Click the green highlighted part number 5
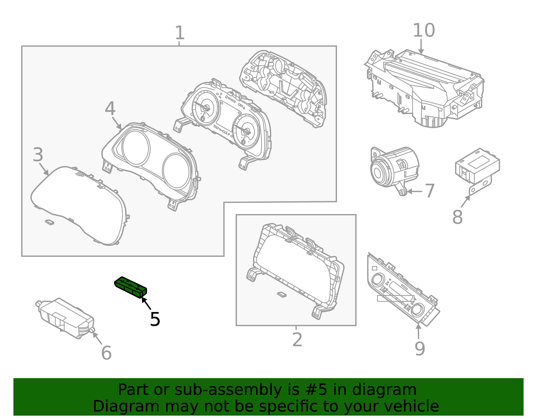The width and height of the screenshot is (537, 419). [131, 287]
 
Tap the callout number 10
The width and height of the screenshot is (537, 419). [424, 31]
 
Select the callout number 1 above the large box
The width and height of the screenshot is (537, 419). [180, 33]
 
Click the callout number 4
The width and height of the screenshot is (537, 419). [110, 109]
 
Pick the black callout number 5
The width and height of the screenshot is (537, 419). [155, 319]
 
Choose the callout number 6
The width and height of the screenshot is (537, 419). [106, 353]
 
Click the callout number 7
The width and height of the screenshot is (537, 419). [430, 191]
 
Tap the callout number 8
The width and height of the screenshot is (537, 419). [457, 217]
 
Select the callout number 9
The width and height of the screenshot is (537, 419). [420, 349]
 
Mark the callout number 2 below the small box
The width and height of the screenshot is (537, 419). [297, 340]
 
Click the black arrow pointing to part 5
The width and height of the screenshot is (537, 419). [146, 303]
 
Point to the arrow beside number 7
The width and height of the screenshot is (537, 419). [414, 192]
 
